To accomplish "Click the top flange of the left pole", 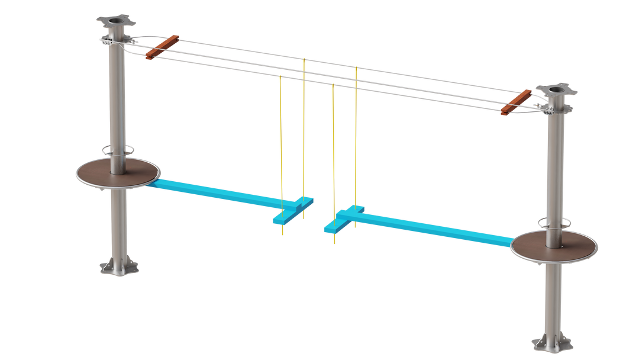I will pyautogui.click(x=117, y=22).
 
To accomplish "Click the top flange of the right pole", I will pyautogui.click(x=556, y=91).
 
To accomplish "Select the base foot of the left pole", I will pyautogui.click(x=119, y=268).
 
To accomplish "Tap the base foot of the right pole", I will pyautogui.click(x=551, y=343).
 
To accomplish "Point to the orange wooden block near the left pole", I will pyautogui.click(x=162, y=46).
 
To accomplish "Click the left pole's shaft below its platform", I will pyautogui.click(x=119, y=225).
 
